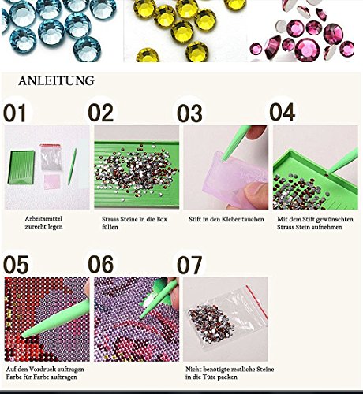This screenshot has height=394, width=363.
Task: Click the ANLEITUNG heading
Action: click(x=56, y=80)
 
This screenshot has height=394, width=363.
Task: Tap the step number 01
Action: click(x=15, y=113)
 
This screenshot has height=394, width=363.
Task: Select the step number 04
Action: click(x=282, y=112)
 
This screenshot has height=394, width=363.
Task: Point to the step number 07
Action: click(x=189, y=265)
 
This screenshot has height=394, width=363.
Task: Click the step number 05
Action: click(x=16, y=265)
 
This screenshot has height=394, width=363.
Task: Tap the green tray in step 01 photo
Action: click(x=21, y=167)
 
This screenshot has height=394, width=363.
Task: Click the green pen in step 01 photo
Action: click(x=72, y=166)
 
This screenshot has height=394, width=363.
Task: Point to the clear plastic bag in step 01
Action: click(x=51, y=158)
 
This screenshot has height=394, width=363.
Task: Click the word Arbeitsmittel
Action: click(x=43, y=219)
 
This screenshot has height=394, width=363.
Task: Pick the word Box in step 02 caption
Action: click(x=162, y=219)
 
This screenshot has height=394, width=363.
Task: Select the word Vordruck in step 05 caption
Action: click(x=42, y=370)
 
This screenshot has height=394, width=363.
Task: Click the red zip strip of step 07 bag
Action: click(x=257, y=302)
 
